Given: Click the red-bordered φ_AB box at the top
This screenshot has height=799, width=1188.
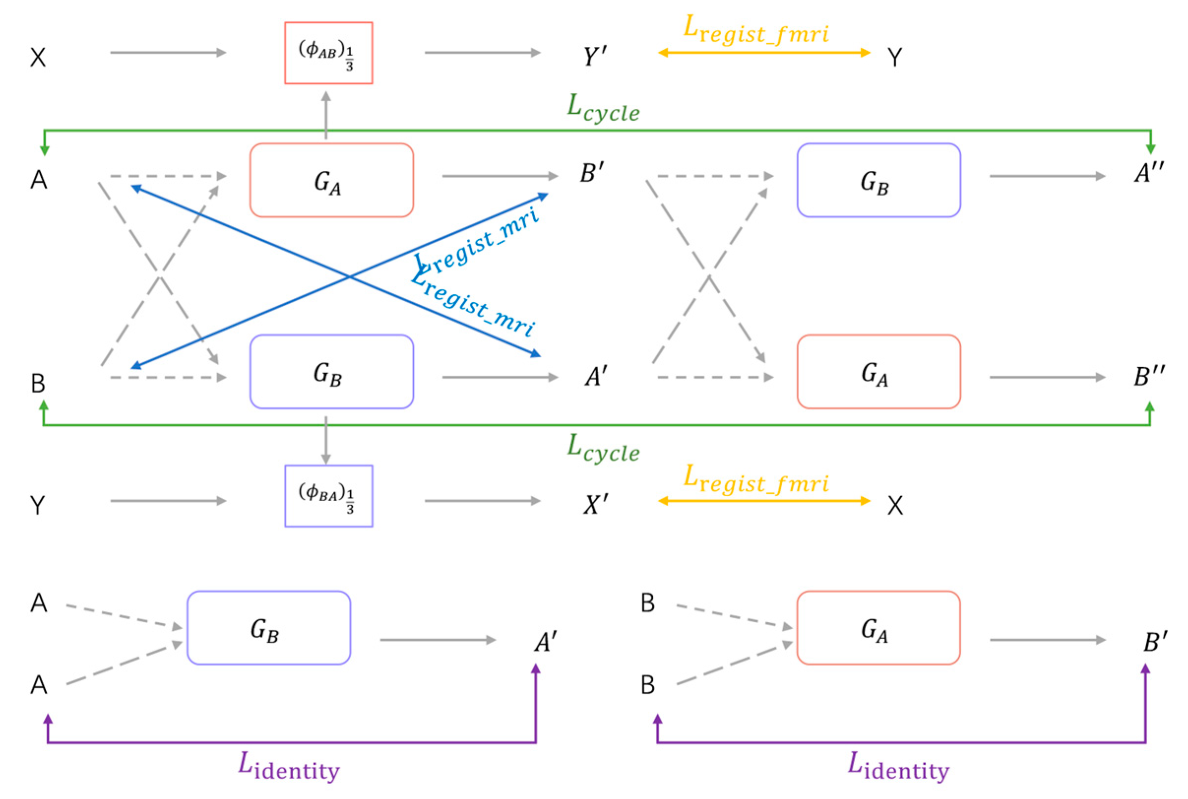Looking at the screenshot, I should (329, 53).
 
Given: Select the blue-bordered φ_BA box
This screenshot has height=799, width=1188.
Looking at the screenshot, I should (329, 496).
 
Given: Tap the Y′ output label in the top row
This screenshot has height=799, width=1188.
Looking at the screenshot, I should (595, 56).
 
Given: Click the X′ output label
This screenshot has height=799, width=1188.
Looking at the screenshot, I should (595, 505).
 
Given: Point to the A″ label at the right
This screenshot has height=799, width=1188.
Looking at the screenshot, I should (1148, 173).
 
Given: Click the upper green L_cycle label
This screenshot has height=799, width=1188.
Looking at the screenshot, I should (603, 108).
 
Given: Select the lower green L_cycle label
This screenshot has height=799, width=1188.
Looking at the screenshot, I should (603, 448).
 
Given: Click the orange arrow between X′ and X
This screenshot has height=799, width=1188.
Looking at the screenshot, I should (764, 501).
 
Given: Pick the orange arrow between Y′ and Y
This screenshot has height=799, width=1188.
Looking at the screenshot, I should (764, 53).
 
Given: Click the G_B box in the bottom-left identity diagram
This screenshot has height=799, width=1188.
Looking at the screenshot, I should (269, 628).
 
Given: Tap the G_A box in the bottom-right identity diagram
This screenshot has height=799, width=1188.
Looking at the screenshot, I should (879, 628).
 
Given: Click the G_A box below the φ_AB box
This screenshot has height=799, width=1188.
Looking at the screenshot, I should (332, 180).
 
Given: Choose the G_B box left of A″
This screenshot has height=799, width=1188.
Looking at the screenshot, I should (879, 180).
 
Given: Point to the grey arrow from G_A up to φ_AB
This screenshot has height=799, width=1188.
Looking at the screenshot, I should (326, 115).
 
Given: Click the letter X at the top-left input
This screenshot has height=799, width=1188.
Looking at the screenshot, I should (38, 57).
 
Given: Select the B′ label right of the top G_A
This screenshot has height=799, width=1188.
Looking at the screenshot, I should (592, 173).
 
